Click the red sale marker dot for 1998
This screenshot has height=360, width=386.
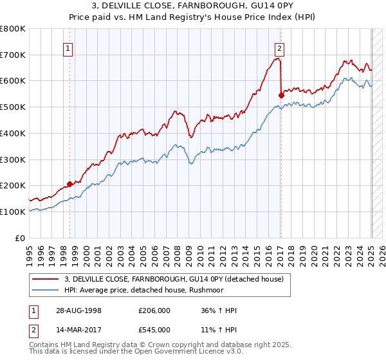[70, 184]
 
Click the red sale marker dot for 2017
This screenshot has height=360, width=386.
[281, 95]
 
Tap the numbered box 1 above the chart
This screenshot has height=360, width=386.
[68, 47]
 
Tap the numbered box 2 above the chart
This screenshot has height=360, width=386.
[280, 47]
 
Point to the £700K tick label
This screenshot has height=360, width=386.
[13, 55]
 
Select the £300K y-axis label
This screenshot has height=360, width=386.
[13, 159]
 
